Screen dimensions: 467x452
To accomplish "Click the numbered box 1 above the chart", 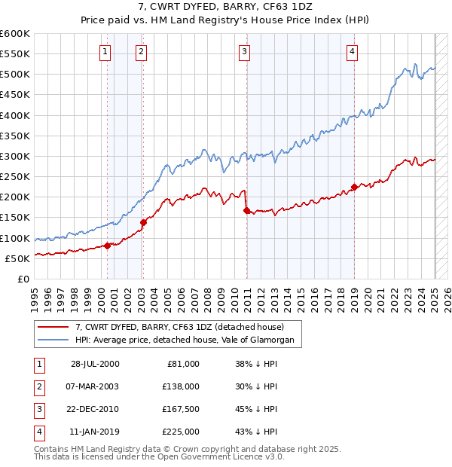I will (104, 51).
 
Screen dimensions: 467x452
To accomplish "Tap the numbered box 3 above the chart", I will (245, 51).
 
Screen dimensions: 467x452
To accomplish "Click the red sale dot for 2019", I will (354, 187).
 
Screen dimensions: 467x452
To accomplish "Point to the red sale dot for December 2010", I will (246, 211).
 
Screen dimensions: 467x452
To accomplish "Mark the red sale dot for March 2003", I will (143, 222).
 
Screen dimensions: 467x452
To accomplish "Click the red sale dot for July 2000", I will (108, 246).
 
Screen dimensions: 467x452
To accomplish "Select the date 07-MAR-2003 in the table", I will (93, 386).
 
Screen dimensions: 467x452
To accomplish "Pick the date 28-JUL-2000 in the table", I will (93, 364).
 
